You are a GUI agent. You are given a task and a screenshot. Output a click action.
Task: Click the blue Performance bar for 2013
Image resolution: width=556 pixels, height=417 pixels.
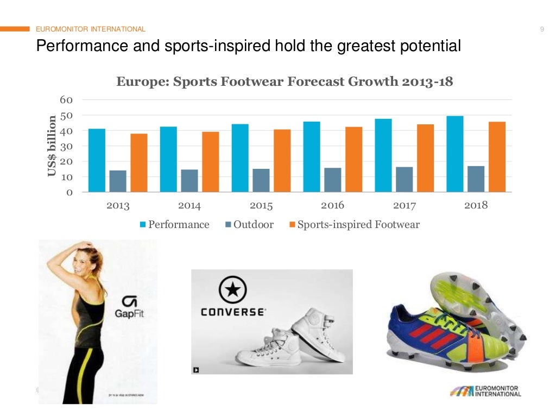pyautogui.click(x=97, y=160)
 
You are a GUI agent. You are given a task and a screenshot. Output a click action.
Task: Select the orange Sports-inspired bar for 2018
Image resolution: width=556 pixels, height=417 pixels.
pyautogui.click(x=497, y=157)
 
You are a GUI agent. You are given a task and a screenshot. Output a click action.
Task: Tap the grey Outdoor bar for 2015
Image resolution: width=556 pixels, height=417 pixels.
pyautogui.click(x=261, y=180)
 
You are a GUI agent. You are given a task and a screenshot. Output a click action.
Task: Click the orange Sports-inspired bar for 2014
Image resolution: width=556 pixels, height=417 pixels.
pyautogui.click(x=210, y=162)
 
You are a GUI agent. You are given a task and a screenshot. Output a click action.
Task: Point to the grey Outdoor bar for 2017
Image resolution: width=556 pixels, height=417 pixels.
pyautogui.click(x=404, y=179)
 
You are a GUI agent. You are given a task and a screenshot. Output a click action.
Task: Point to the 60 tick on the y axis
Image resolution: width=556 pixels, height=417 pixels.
pyautogui.click(x=66, y=100)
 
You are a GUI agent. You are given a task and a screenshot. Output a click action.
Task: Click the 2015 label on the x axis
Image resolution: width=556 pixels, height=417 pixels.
pyautogui.click(x=261, y=206)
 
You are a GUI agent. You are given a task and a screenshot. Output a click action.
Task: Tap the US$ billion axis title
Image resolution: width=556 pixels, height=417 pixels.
pyautogui.click(x=52, y=147)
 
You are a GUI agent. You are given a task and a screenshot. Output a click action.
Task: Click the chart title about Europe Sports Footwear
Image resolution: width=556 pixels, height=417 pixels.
pyautogui.click(x=285, y=82)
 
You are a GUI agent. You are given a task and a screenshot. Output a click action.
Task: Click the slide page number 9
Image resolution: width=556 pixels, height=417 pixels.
pyautogui.click(x=542, y=29)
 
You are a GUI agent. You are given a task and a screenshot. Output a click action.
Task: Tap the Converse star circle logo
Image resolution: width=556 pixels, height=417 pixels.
pyautogui.click(x=232, y=290)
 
